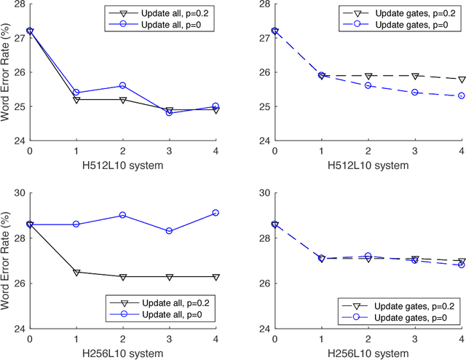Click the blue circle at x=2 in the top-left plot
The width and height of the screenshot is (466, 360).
click(x=123, y=85)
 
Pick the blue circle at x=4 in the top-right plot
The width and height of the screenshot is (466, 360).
click(x=462, y=95)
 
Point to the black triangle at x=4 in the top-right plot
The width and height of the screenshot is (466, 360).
click(x=462, y=79)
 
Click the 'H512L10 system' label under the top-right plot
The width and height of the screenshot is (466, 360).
click(x=368, y=165)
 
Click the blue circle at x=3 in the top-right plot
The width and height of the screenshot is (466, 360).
click(x=415, y=93)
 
